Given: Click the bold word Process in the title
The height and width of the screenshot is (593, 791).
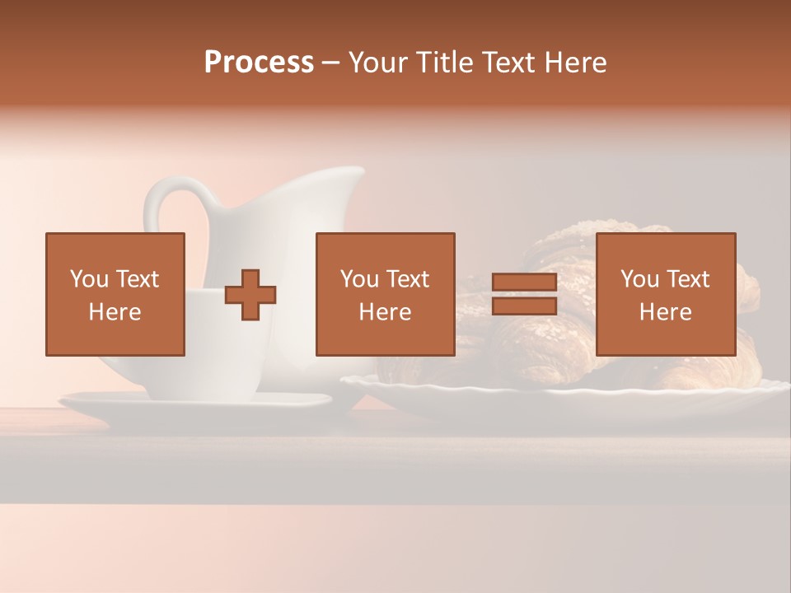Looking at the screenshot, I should [259, 63].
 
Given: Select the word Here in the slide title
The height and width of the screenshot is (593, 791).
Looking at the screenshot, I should [575, 63].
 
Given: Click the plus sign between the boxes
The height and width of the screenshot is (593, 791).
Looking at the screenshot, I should [250, 295].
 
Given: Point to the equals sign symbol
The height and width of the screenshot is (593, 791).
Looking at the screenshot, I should [524, 295].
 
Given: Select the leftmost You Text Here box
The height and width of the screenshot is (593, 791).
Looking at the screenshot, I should [115, 295].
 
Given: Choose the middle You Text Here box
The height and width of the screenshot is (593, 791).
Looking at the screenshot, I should [386, 295].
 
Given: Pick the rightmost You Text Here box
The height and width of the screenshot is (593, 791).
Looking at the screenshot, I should [666, 295].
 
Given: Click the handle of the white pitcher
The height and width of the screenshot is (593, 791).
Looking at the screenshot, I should [165, 206].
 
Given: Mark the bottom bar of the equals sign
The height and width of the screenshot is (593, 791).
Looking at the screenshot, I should [524, 306].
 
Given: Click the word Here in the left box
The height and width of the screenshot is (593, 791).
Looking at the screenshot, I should [115, 312].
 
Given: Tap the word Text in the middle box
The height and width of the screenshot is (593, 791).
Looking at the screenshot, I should [408, 279].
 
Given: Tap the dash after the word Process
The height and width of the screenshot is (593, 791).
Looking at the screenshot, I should [331, 63].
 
